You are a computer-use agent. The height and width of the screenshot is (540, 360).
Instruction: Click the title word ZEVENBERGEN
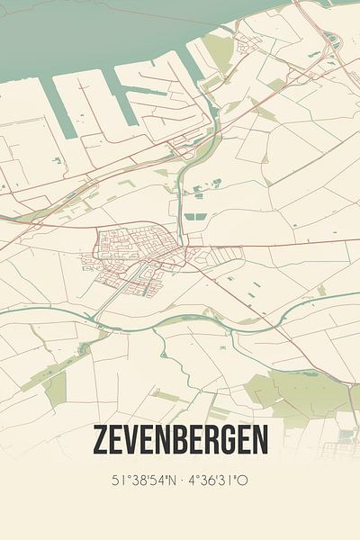[180, 440]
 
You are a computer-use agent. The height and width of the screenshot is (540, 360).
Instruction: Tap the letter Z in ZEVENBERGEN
[99, 440]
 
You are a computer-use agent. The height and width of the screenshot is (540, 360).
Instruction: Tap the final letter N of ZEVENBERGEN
[259, 440]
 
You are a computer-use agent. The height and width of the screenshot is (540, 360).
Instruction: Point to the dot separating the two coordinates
[183, 481]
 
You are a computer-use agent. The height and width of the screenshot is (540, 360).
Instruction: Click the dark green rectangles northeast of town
[193, 216]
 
